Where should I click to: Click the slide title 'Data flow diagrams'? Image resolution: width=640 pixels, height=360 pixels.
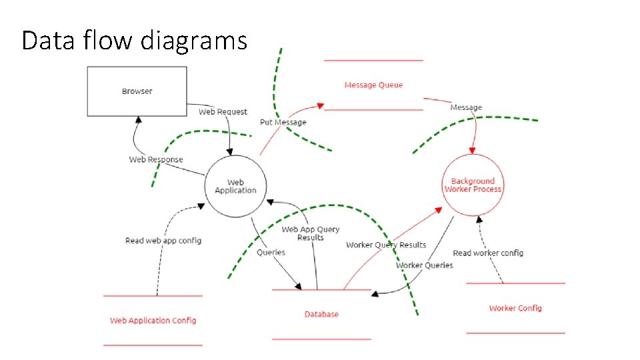click(x=134, y=41)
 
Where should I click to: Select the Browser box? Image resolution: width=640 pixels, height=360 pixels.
click(x=137, y=91)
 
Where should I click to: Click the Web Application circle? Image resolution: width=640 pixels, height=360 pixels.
click(x=235, y=186)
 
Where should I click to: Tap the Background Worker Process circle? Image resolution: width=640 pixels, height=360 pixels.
click(x=473, y=185)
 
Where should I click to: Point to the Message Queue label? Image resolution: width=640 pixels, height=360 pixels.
click(x=373, y=85)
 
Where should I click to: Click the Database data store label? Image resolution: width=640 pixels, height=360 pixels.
click(x=321, y=314)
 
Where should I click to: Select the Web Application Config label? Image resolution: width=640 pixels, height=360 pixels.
click(x=153, y=320)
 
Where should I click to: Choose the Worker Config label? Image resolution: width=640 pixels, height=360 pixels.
click(x=515, y=308)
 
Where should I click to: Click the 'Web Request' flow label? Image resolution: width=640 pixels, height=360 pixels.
click(x=223, y=112)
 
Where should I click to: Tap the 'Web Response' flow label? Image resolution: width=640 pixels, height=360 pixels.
click(x=155, y=159)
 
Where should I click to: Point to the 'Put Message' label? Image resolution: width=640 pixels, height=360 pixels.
click(x=283, y=123)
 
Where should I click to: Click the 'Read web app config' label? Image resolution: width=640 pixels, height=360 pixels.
click(x=163, y=240)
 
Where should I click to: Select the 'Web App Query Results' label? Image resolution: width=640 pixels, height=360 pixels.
click(x=310, y=233)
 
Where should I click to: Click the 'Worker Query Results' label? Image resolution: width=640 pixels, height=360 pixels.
click(x=385, y=245)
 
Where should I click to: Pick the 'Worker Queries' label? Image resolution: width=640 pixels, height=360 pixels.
click(x=424, y=265)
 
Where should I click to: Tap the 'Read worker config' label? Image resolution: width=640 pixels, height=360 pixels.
click(x=488, y=253)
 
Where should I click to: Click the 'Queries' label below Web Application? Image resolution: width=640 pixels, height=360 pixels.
click(x=271, y=252)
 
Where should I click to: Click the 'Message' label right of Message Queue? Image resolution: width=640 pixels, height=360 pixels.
click(x=466, y=107)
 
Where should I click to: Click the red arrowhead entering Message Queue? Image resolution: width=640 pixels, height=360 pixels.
click(x=321, y=105)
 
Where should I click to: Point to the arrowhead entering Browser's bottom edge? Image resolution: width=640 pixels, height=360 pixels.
click(x=139, y=119)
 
